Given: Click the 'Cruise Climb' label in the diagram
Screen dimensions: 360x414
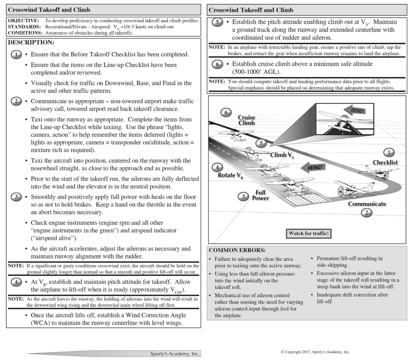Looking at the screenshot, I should click(246, 120).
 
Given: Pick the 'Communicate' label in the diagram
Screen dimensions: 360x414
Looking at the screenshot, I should click(367, 204).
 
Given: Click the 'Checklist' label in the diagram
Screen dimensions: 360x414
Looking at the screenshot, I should click(385, 162).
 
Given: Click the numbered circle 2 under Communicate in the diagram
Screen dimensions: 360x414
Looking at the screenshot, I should click(366, 213).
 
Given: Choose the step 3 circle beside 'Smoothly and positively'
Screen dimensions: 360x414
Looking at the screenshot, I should click(16, 197).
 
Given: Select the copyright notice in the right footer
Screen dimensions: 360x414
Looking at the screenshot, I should click(315, 351).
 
